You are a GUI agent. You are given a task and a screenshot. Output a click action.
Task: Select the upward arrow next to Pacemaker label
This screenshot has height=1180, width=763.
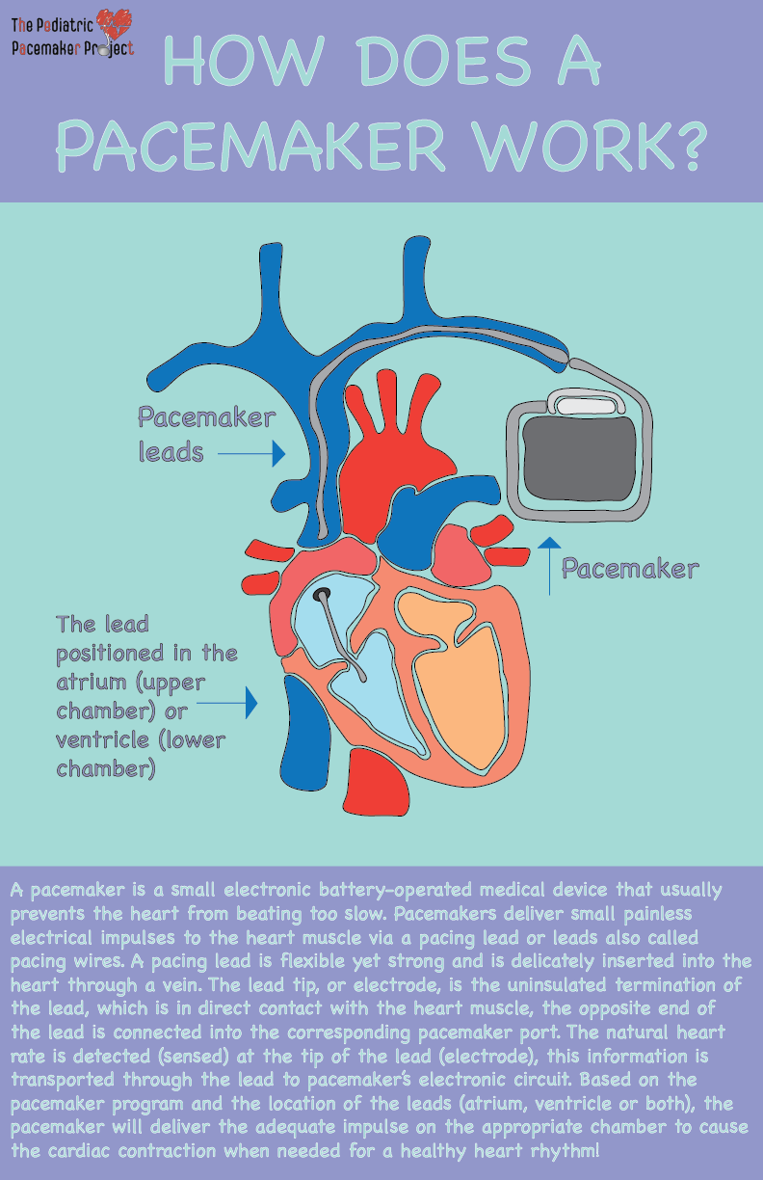click(x=549, y=564)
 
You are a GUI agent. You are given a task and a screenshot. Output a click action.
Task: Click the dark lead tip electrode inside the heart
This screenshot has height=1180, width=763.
click(x=323, y=594)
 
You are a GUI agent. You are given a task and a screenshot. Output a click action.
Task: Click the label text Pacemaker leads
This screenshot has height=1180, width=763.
click(x=205, y=434)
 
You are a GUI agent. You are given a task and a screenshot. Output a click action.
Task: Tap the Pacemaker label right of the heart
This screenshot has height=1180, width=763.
click(x=629, y=569)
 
